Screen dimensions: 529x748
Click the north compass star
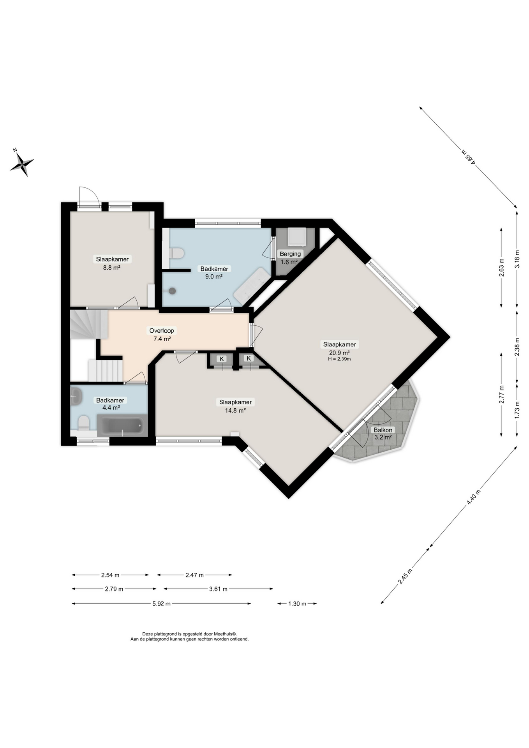click(x=22, y=164)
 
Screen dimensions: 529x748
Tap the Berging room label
click(x=290, y=254)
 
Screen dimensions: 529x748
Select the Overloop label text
click(x=162, y=331)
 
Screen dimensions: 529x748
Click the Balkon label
click(x=383, y=430)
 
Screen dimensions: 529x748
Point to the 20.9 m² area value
click(x=339, y=353)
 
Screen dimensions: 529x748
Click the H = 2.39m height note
click(x=339, y=359)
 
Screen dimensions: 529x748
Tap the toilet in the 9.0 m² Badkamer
click(x=176, y=254)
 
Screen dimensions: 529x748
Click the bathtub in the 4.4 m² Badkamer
click(x=122, y=426)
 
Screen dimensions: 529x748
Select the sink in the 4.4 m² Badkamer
click(x=76, y=397)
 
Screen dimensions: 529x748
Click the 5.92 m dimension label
click(x=161, y=604)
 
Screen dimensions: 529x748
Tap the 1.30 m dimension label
click(x=297, y=604)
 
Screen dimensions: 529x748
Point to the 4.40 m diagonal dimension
click(x=473, y=497)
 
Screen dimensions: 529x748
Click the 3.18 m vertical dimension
click(x=517, y=259)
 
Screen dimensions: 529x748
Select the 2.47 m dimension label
click(x=194, y=575)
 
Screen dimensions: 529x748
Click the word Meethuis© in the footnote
click(x=224, y=634)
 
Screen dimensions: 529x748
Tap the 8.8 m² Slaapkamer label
click(x=112, y=259)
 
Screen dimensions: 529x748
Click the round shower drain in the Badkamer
click(x=172, y=291)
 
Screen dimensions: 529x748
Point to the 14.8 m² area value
click(x=235, y=410)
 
